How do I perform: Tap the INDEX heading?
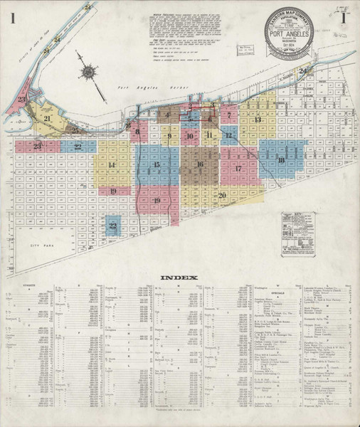point(180,278)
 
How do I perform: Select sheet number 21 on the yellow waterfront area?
point(47,119)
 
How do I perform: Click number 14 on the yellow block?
point(112,165)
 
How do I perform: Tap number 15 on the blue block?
point(156,165)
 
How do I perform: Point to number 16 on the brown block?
point(200,164)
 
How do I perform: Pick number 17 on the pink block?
point(238,169)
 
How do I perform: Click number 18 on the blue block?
point(282,162)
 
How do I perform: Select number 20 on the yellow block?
point(222,194)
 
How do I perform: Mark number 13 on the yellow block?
point(258,120)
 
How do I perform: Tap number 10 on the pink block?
point(189,135)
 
